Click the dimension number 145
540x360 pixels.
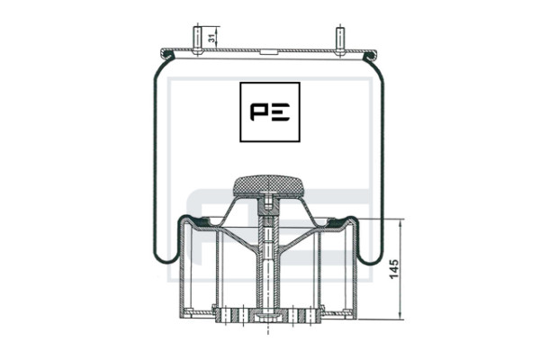[394, 269]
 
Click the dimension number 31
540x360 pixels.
[212, 38]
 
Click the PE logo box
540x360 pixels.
[270, 112]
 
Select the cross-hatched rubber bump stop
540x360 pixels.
[267, 186]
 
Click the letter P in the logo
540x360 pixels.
[259, 112]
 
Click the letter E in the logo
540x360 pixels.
[280, 112]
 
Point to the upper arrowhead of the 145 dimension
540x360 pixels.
[400, 223]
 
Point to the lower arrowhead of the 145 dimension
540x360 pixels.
[400, 315]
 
